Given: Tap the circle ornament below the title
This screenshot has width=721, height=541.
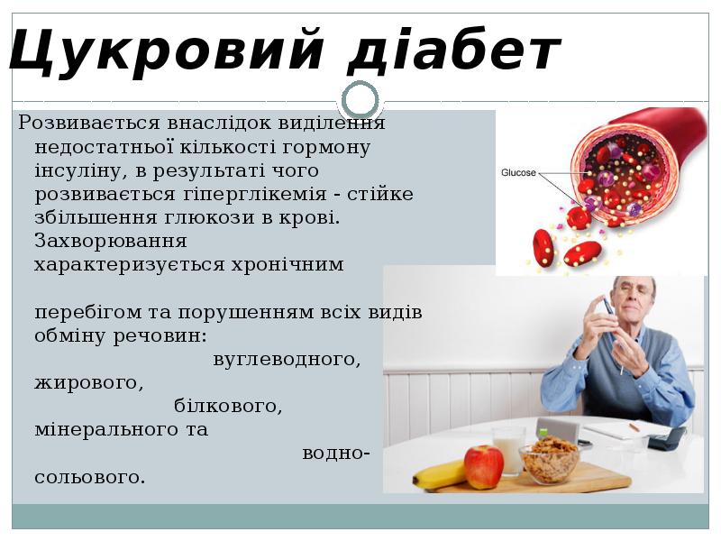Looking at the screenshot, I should tap(361, 99).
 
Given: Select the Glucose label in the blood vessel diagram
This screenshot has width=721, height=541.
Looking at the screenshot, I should tap(518, 172).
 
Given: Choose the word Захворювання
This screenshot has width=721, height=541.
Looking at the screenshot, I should tap(110, 241).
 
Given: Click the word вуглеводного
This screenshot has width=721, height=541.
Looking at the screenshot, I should tap(287, 359).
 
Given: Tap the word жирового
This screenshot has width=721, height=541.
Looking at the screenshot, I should tap(88, 382).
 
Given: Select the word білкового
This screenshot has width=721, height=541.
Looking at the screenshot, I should tap(228, 406).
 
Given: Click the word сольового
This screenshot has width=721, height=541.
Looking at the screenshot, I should tap(89, 475).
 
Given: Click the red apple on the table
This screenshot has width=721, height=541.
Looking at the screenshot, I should tap(484, 466).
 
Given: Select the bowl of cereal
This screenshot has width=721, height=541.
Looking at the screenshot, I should tap(549, 459).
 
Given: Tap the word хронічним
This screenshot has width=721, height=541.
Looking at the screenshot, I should tap(294, 264).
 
